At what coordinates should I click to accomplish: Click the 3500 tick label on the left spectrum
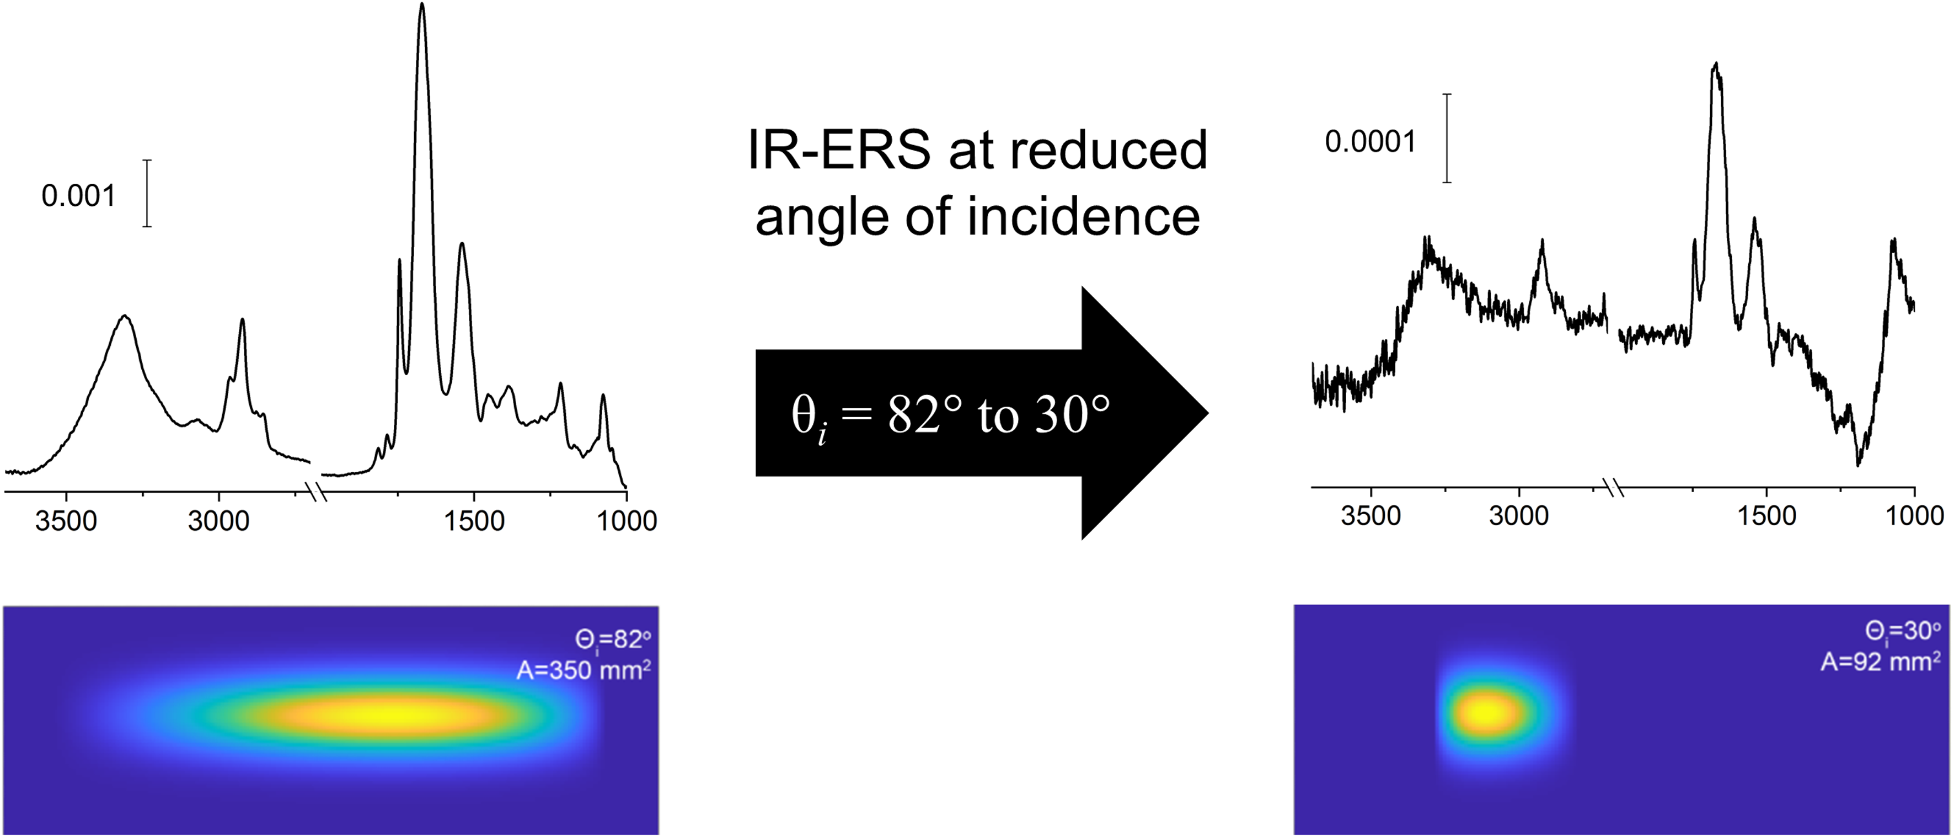pyautogui.click(x=66, y=521)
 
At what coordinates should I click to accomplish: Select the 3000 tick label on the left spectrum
pyautogui.click(x=218, y=521)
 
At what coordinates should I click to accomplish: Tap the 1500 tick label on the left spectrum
pyautogui.click(x=474, y=521)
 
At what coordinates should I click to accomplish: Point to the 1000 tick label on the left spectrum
pyautogui.click(x=627, y=521)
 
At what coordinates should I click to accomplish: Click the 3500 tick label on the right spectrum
pyautogui.click(x=1371, y=516)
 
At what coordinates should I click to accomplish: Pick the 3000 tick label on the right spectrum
pyautogui.click(x=1519, y=516)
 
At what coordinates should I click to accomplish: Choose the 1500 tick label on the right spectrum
pyautogui.click(x=1766, y=516)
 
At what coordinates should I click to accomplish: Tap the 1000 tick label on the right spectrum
pyautogui.click(x=1914, y=516)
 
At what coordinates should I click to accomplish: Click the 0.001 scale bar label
pyautogui.click(x=78, y=196)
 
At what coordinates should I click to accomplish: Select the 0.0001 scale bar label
pyautogui.click(x=1370, y=142)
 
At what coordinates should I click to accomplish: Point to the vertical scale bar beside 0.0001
pyautogui.click(x=1447, y=138)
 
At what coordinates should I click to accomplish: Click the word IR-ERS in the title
pyautogui.click(x=839, y=150)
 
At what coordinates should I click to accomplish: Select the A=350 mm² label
pyautogui.click(x=583, y=670)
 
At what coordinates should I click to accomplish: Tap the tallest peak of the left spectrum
pyautogui.click(x=422, y=6)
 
